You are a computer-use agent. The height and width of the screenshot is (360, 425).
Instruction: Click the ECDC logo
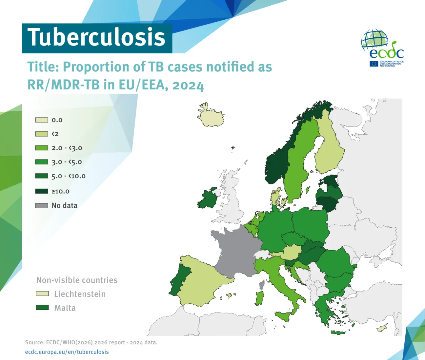pos(382,48)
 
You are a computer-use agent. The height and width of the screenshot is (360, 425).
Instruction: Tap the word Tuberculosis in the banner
pos(96,37)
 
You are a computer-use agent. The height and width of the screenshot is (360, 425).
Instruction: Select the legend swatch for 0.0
pos(42,120)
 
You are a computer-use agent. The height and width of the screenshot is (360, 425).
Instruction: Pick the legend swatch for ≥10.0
pos(42,191)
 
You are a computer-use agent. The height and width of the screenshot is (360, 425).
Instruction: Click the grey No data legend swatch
pos(42,206)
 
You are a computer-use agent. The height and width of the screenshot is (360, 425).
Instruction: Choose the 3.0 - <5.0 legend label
pos(67,162)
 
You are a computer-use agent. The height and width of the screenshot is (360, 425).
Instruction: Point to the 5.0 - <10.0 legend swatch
pos(42,176)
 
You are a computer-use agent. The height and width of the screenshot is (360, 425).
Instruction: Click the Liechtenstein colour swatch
pos(42,294)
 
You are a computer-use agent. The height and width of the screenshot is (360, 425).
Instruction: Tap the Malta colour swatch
pos(42,308)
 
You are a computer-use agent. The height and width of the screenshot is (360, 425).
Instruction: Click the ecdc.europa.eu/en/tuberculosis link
pos(67,352)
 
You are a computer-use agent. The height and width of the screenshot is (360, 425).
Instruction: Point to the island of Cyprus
pos(382,328)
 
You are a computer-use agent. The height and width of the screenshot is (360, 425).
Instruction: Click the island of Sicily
pos(284,316)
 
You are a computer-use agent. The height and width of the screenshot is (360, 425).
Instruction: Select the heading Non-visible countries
pos(77,280)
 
